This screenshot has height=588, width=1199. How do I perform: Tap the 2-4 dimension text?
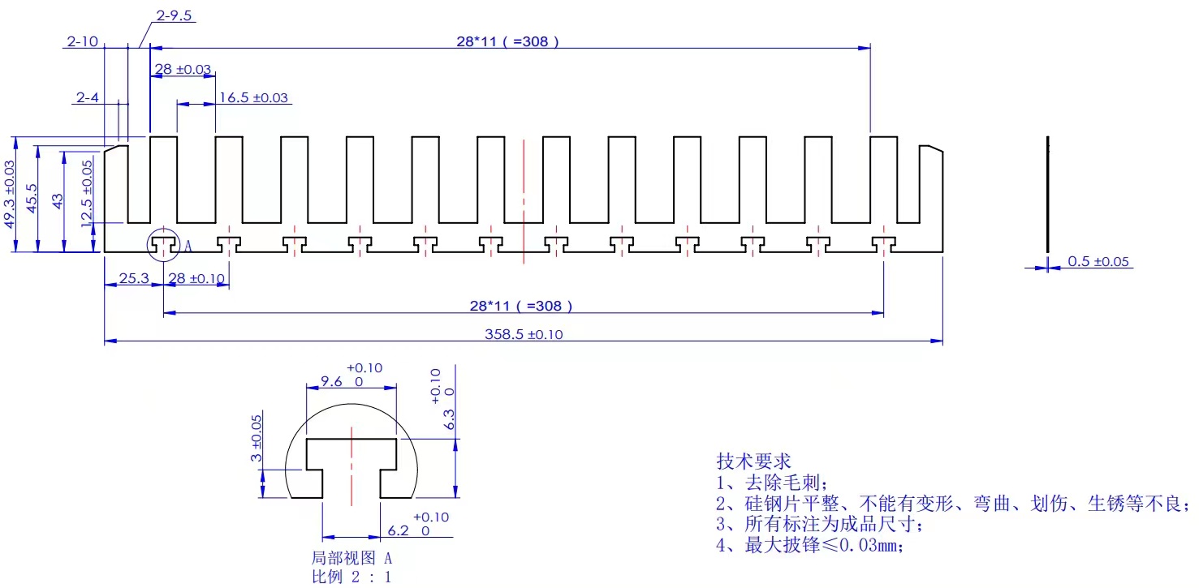click(88, 97)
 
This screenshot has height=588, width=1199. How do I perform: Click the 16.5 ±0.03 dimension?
click(253, 98)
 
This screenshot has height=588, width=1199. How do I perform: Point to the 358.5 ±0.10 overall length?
click(523, 334)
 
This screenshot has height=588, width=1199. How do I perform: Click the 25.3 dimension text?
click(134, 279)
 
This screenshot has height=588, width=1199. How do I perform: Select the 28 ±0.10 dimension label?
click(196, 279)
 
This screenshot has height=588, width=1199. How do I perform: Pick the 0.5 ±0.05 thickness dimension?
click(1099, 261)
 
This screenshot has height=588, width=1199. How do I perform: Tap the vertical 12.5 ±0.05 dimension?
click(87, 195)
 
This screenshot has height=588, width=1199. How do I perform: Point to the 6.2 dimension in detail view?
click(398, 530)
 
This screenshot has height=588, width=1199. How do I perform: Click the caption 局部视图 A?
click(352, 558)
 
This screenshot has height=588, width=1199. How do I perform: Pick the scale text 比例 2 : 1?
click(352, 577)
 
